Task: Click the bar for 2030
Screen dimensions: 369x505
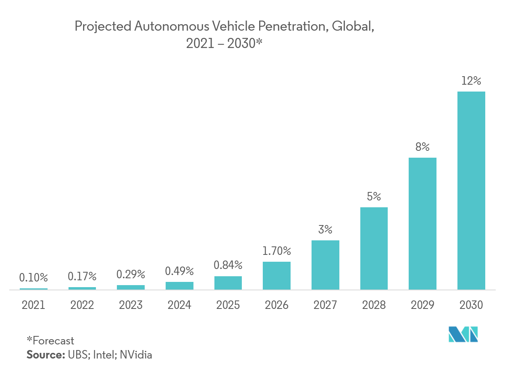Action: click(471, 190)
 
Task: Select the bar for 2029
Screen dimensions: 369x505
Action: click(422, 223)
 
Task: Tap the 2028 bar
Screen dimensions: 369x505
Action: click(374, 248)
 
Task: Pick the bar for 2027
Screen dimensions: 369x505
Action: click(325, 265)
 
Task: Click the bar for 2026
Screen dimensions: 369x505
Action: click(276, 275)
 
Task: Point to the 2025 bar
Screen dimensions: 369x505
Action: click(228, 283)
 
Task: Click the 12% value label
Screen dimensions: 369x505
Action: click(471, 81)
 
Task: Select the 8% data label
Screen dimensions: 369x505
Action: click(422, 147)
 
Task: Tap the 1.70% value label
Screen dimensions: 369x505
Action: click(276, 251)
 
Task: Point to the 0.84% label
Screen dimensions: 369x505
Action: click(228, 265)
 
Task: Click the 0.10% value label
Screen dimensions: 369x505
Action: click(33, 278)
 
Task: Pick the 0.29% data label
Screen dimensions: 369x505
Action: click(131, 275)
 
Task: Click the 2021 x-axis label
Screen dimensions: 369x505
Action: click(33, 305)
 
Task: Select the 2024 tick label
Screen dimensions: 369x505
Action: click(179, 305)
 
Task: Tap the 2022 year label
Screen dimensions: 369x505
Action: click(82, 305)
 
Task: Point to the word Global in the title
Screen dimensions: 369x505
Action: click(353, 27)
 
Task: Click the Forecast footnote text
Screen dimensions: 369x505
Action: click(51, 341)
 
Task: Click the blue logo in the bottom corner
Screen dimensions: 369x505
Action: click(463, 334)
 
